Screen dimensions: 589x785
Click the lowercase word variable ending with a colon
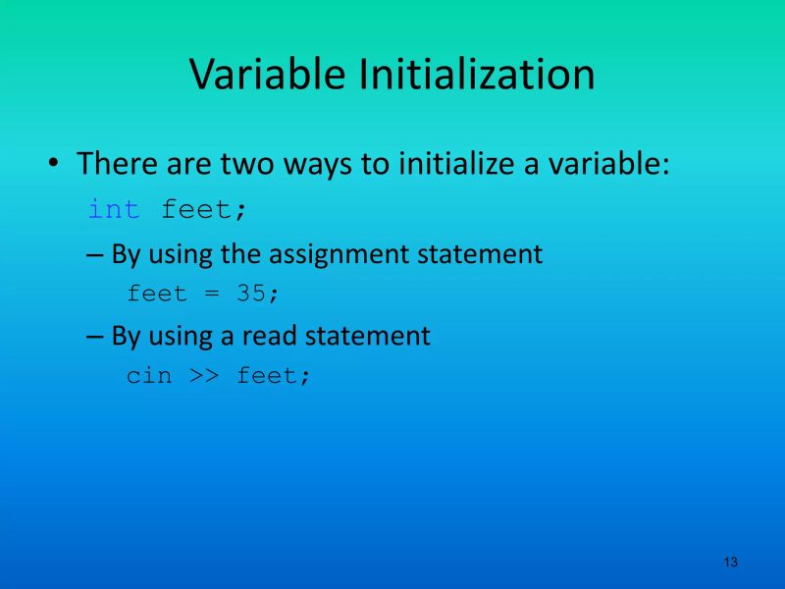608,163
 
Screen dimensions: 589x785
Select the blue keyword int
114,209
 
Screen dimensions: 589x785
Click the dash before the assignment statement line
94,255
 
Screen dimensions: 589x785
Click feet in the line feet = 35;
156,294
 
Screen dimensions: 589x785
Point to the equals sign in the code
211,294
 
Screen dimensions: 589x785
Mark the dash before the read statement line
94,337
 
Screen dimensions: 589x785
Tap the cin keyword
148,375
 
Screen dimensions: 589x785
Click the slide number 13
730,562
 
